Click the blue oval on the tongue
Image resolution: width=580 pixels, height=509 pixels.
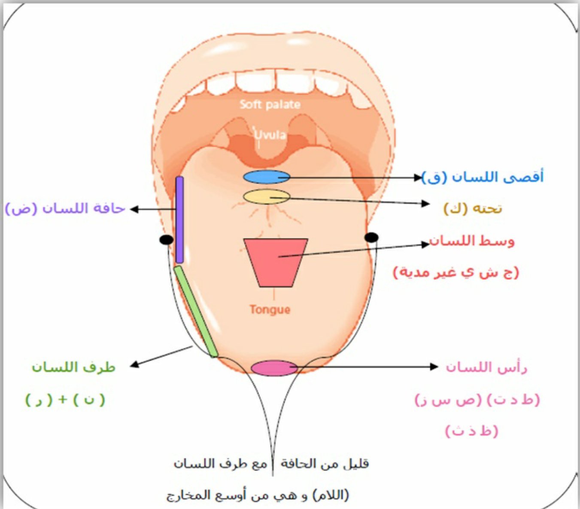tap(266, 177)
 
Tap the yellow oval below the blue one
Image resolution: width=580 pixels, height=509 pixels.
tap(266, 196)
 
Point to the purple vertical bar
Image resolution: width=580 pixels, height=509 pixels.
tap(179, 220)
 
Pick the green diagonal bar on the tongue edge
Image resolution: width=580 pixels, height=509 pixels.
tap(196, 311)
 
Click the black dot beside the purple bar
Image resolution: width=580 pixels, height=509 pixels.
tap(166, 240)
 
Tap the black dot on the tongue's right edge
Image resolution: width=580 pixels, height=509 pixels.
tap(371, 237)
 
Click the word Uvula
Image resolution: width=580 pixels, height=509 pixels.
tap(270, 135)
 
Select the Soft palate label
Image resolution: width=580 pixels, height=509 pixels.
tap(270, 104)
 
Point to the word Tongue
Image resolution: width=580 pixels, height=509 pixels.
tap(270, 309)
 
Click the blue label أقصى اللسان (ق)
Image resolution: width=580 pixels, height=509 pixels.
tap(483, 177)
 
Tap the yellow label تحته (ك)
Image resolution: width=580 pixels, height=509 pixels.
tap(472, 208)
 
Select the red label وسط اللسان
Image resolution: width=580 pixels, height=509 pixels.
tap(472, 241)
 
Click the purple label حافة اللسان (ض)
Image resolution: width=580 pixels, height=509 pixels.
tap(65, 208)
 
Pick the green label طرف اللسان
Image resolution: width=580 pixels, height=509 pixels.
tap(73, 367)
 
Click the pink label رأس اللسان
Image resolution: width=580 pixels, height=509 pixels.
tap(486, 367)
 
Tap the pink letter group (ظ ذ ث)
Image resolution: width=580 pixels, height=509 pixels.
tap(471, 431)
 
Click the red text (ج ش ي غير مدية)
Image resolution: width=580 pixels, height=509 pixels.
tap(456, 272)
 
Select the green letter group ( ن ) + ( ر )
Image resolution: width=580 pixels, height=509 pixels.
tap(65, 400)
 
